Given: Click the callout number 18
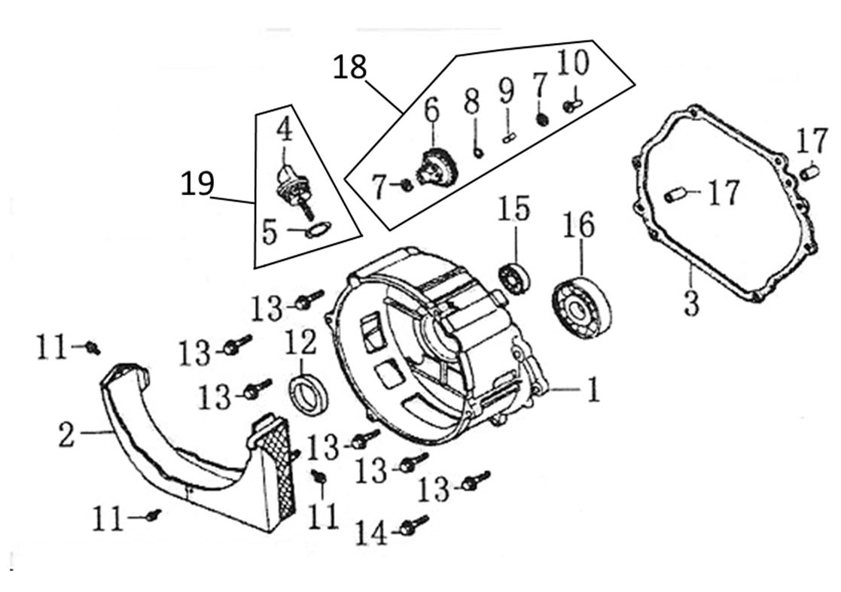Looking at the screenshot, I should (x=350, y=68).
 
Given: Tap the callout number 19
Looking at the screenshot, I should (x=197, y=184).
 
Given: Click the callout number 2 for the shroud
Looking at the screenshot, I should (x=66, y=436).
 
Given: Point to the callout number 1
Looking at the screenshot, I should (x=594, y=390).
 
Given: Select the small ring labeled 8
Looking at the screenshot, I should (x=478, y=153).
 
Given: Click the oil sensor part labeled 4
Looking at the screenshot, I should (x=289, y=184).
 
